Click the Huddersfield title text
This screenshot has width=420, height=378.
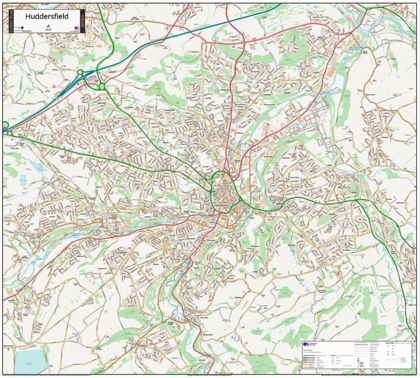click(46, 16)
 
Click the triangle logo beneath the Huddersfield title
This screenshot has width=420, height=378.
click(48, 27)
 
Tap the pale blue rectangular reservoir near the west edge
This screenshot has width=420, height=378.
click(23, 180)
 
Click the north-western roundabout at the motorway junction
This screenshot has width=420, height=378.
click(80, 72)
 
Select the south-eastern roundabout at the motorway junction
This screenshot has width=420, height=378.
click(101, 87)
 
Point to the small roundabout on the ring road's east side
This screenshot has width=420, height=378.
click(240, 199)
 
